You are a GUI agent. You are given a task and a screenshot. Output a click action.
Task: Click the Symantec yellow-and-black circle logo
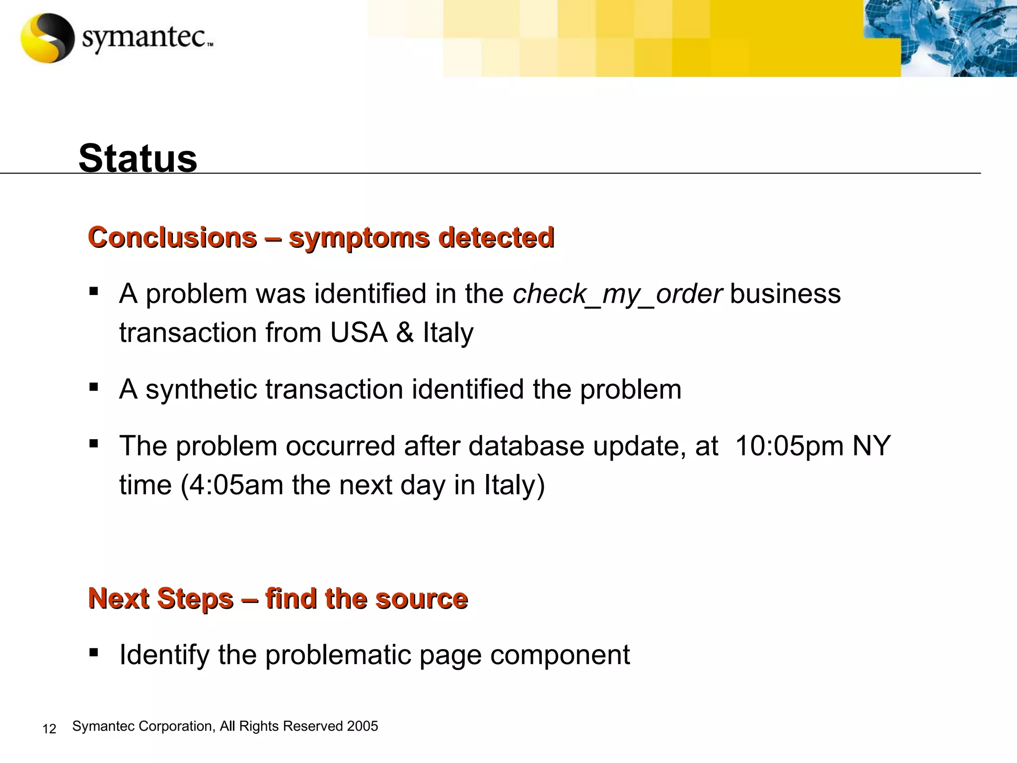[x=47, y=38]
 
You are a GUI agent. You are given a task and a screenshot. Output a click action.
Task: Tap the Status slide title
[x=138, y=158]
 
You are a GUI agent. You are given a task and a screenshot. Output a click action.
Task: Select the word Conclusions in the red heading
[x=172, y=237]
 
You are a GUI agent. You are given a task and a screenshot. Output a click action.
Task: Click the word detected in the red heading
[x=496, y=237]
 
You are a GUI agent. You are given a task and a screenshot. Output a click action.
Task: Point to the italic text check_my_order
[x=617, y=294]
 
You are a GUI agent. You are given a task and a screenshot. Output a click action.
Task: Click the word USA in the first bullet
[x=359, y=332]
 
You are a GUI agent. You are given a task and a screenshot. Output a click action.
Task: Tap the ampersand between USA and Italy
[x=405, y=332]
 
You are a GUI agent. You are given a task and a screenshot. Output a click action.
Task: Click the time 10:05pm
[x=789, y=446]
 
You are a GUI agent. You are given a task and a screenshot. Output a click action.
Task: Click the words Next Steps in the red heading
[x=161, y=598]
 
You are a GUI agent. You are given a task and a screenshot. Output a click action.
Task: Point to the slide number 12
[x=49, y=729]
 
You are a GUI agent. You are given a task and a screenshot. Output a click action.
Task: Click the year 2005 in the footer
[x=363, y=726]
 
